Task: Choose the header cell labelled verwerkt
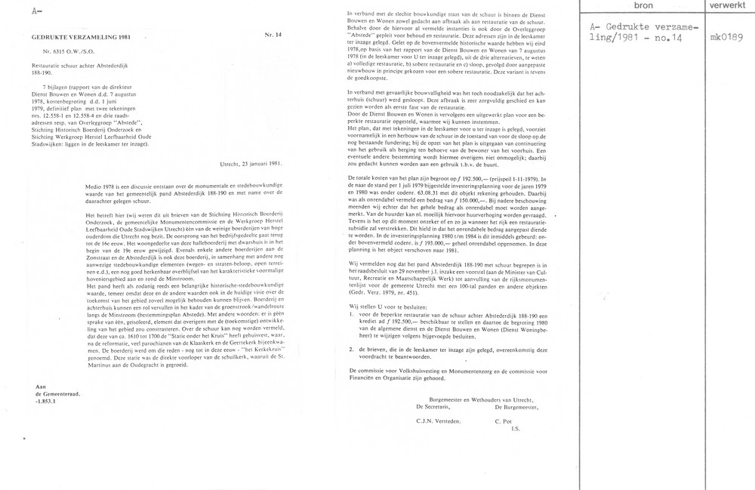click(727, 8)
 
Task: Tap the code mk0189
click(726, 35)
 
